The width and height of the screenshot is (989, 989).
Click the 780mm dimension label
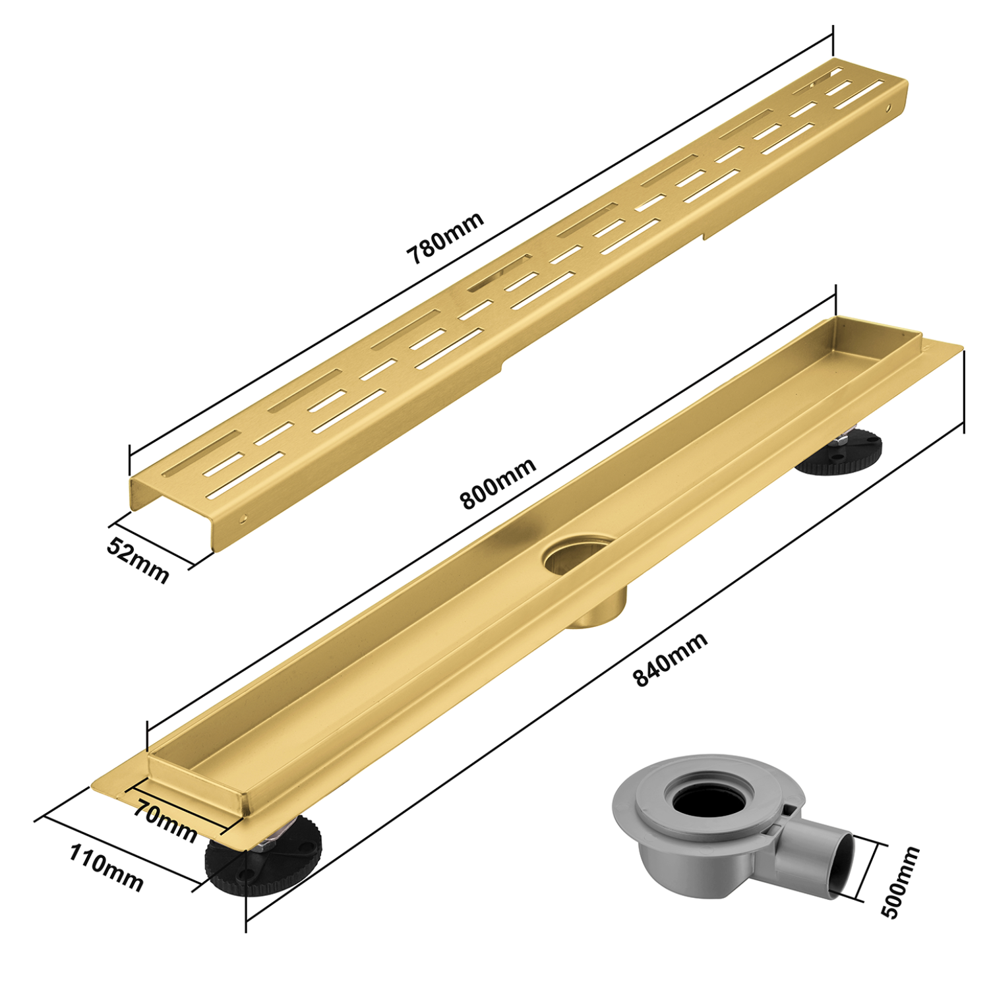click(446, 237)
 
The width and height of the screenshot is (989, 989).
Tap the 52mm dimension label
click(138, 559)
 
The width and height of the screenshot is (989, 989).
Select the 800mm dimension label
click(498, 484)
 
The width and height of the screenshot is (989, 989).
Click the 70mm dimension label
click(165, 821)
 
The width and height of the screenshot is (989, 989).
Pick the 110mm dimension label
click(106, 868)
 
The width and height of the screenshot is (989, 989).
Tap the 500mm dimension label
click(900, 882)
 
